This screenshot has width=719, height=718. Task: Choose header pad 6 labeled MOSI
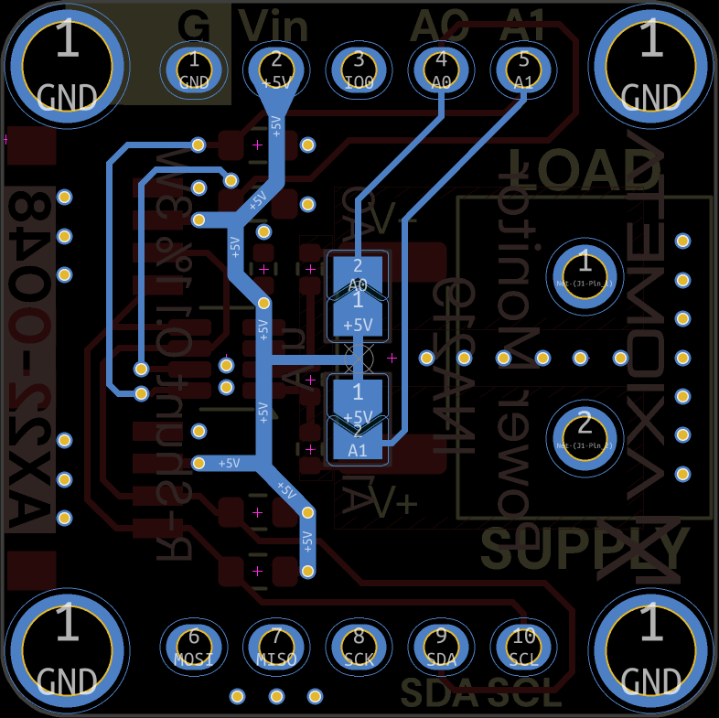click(194, 646)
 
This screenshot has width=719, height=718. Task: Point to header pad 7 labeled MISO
click(276, 646)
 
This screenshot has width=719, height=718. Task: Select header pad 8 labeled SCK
click(359, 646)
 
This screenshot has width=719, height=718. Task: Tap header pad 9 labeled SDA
click(441, 646)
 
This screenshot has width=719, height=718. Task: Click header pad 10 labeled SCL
click(523, 646)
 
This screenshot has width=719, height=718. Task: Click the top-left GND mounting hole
click(67, 66)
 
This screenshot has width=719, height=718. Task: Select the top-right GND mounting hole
click(650, 66)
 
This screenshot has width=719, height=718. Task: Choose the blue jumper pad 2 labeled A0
click(358, 274)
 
